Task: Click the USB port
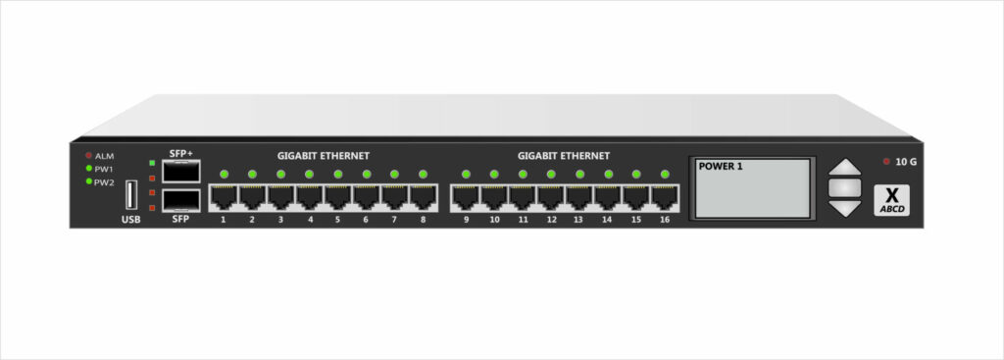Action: coord(130,195)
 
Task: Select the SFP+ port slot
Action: coord(181,173)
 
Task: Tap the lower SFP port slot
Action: coord(181,200)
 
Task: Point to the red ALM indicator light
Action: coord(88,156)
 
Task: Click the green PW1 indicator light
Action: coord(88,169)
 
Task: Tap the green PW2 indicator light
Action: coord(88,181)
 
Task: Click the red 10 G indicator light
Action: coord(887,161)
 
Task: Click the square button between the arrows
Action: coord(844,186)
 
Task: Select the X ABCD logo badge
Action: coord(892,199)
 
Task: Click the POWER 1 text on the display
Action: coord(721,167)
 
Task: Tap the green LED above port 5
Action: coord(338,175)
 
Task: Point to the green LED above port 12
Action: coord(551,175)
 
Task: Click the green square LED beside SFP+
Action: coord(152,163)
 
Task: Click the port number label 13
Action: coord(578,220)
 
